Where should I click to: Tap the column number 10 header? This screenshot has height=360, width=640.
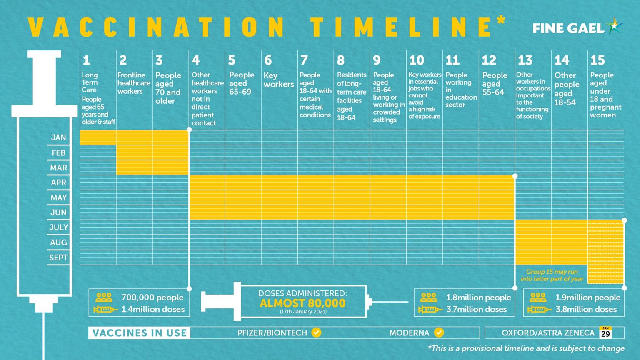coord(416,60)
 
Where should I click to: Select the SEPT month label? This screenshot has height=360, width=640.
coord(58,257)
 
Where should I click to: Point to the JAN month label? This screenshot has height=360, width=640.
coord(59,137)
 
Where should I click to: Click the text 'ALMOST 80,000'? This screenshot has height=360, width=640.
coord(302,303)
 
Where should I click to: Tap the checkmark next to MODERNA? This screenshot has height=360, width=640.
coord(439,332)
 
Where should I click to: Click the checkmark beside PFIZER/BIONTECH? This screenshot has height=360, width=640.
coord(317,332)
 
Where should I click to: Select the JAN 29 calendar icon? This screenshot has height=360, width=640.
coord(605,332)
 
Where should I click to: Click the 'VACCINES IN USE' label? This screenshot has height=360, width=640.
coord(140,333)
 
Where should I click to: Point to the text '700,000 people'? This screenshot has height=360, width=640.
coord(152,297)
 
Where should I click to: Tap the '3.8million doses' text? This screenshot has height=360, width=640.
coord(586,310)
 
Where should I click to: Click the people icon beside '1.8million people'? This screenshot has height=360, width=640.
coord(429,297)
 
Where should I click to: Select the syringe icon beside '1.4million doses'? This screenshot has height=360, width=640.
coord(105,310)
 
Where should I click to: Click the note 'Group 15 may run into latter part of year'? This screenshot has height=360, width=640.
coord(552,275)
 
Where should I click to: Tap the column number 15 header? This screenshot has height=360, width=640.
coord(597,60)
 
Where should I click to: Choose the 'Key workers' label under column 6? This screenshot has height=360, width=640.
coord(278,80)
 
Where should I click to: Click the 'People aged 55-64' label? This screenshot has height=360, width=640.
coord(495,83)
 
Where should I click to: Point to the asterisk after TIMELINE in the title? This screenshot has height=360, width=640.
coord(501,20)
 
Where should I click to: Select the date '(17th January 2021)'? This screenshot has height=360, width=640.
coord(303,312)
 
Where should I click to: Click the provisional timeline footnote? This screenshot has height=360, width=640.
coord(526,348)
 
